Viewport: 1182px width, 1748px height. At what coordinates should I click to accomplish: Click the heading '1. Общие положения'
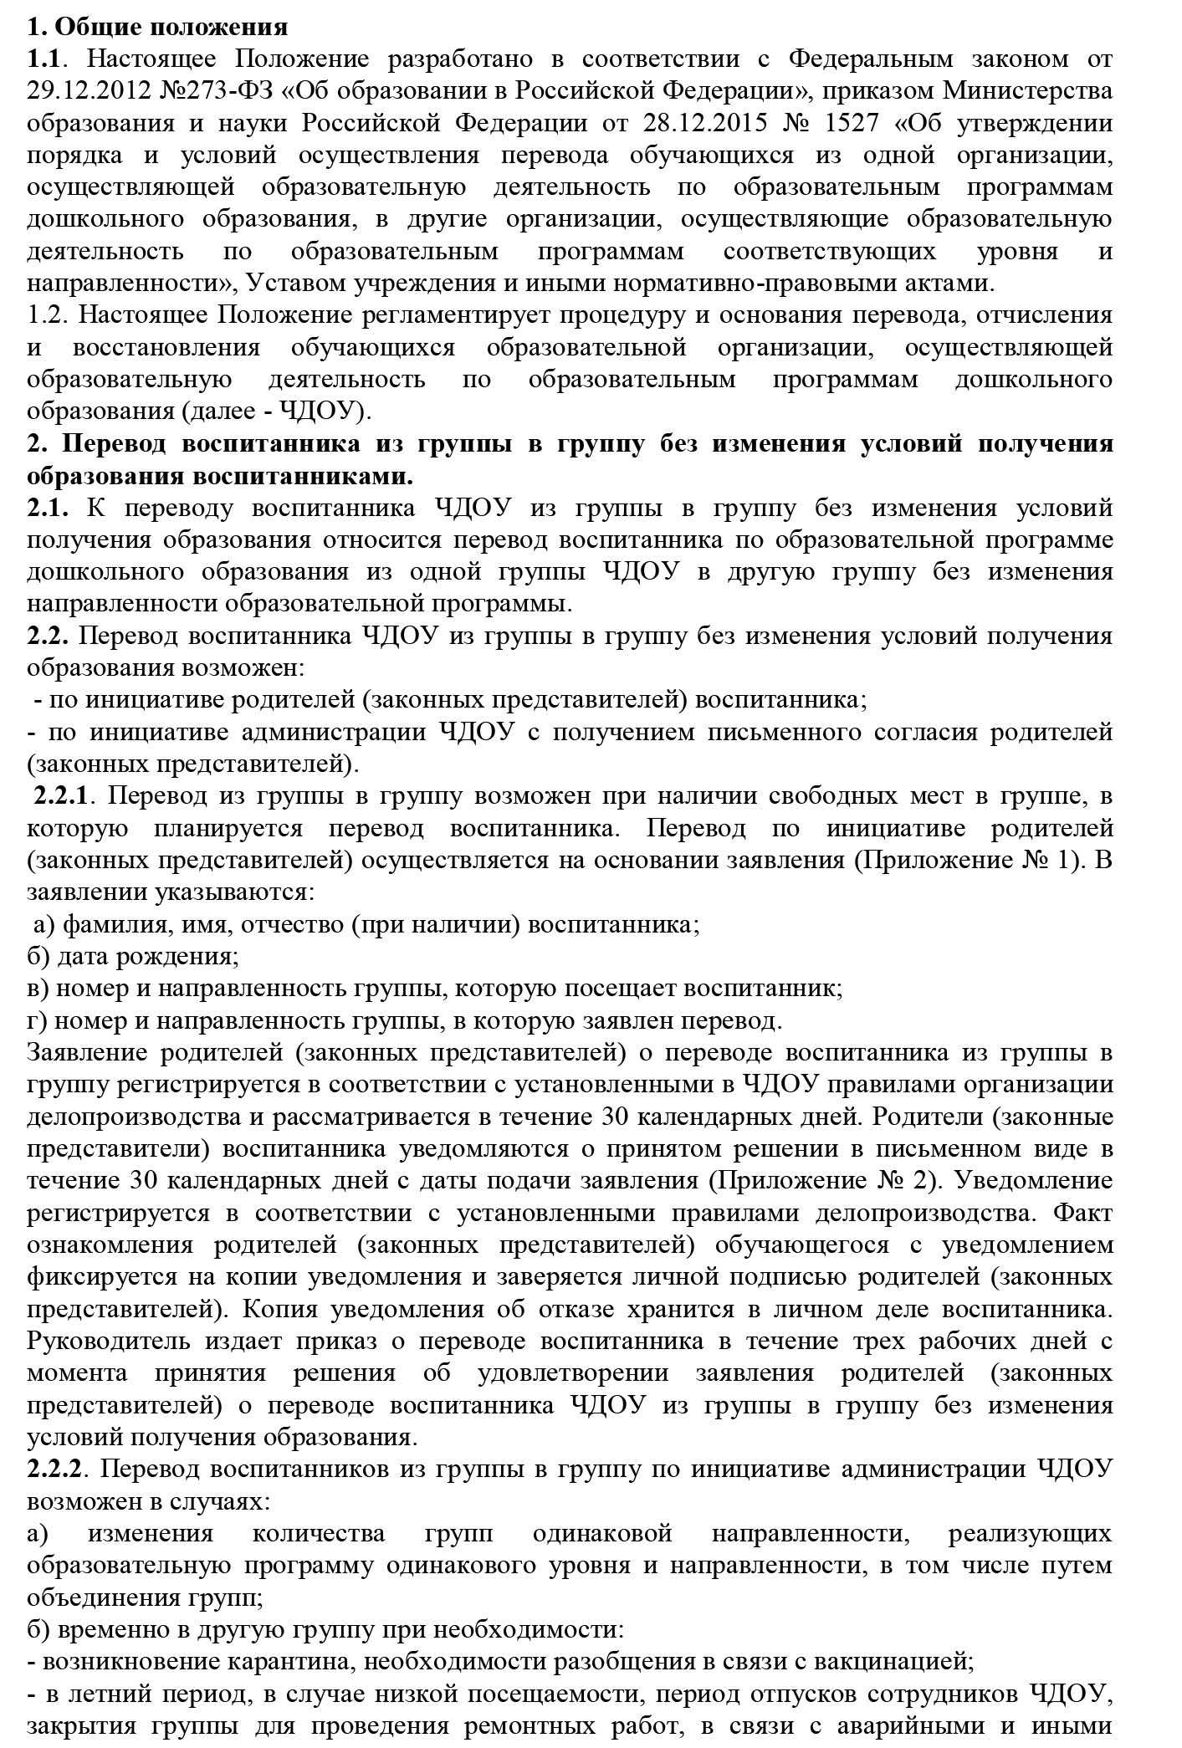point(157,27)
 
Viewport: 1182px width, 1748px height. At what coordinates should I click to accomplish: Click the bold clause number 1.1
point(43,59)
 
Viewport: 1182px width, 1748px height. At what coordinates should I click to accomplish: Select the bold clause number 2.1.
point(47,508)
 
